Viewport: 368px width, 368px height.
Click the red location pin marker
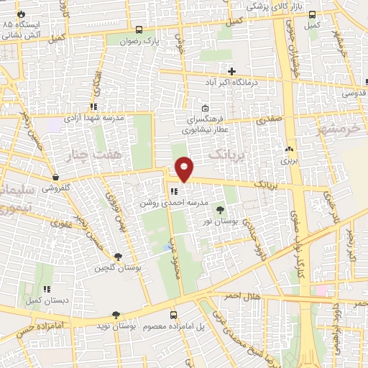click(185, 169)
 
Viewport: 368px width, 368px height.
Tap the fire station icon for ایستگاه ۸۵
click(20, 14)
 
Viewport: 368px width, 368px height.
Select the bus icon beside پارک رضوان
click(139, 31)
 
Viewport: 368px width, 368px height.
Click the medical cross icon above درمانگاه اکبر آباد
click(231, 70)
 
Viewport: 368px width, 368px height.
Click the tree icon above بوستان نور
click(220, 210)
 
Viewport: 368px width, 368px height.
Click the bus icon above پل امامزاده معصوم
click(173, 315)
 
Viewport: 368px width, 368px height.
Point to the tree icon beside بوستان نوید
click(115, 315)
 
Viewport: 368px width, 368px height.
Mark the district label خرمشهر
click(336, 128)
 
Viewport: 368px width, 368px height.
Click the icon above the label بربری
click(289, 149)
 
